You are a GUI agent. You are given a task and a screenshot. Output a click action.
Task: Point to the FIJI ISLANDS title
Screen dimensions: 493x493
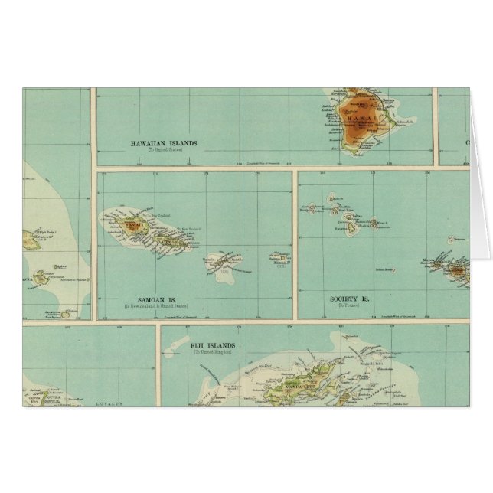click(211, 346)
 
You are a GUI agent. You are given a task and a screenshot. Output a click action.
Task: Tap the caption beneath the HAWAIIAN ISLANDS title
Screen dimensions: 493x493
click(162, 150)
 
